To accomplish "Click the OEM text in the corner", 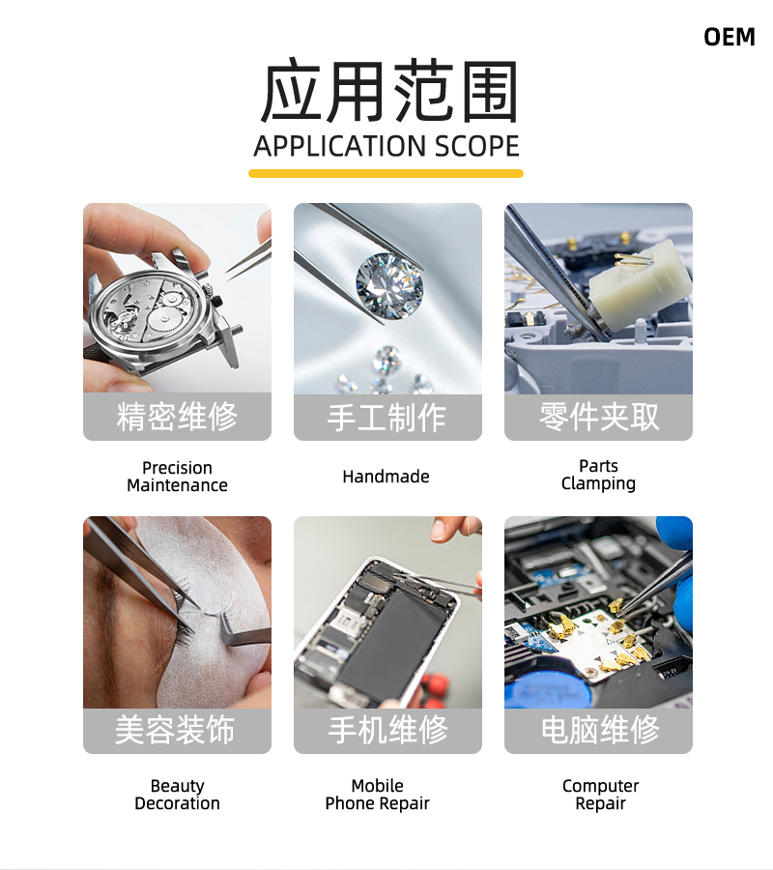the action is [x=730, y=37].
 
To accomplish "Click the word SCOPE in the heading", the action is [x=477, y=147].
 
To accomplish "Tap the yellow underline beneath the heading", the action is [x=386, y=174].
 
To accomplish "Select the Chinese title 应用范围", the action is [x=388, y=92].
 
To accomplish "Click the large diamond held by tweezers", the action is [x=389, y=286].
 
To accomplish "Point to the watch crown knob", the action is [x=217, y=301].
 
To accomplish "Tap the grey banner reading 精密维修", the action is [x=178, y=417].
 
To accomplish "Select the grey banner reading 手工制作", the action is [x=387, y=418].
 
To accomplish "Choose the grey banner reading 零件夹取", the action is [x=598, y=418].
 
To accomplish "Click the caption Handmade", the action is [x=386, y=477].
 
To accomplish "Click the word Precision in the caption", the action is [x=178, y=468].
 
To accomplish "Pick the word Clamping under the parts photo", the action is [x=598, y=484].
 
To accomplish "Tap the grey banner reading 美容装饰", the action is [x=178, y=730].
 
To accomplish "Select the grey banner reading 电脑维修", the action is [x=598, y=730].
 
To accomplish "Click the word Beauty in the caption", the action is [x=178, y=786].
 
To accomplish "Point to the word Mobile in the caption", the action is [x=378, y=786].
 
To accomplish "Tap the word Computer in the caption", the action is [x=601, y=786].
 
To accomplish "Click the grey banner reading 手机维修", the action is [x=387, y=730].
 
